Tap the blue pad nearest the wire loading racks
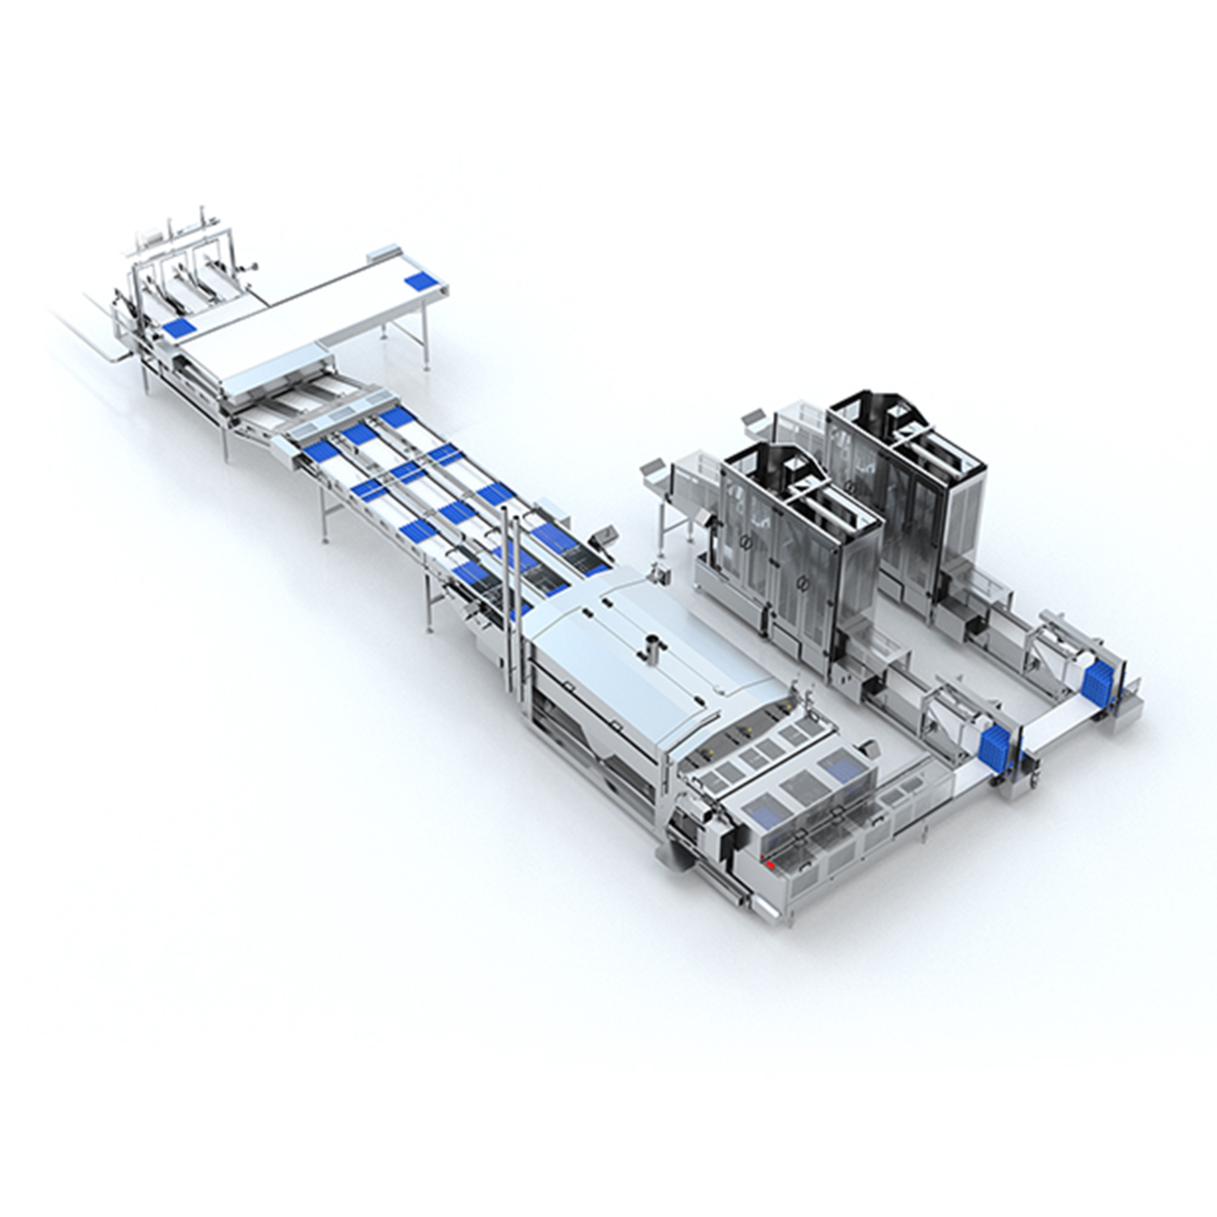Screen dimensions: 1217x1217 (x=178, y=327)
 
